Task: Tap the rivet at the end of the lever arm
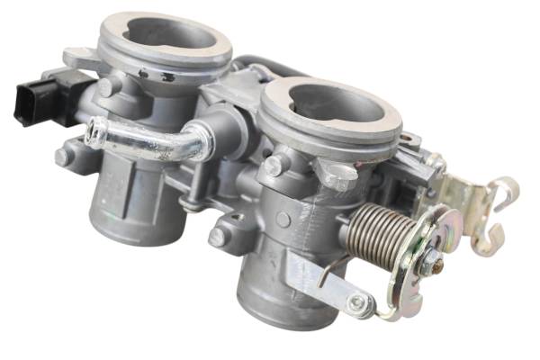[x=360, y=303]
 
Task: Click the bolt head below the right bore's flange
[x=271, y=166]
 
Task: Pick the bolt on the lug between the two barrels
[x=217, y=238]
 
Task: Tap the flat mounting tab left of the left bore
[x=81, y=58]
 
